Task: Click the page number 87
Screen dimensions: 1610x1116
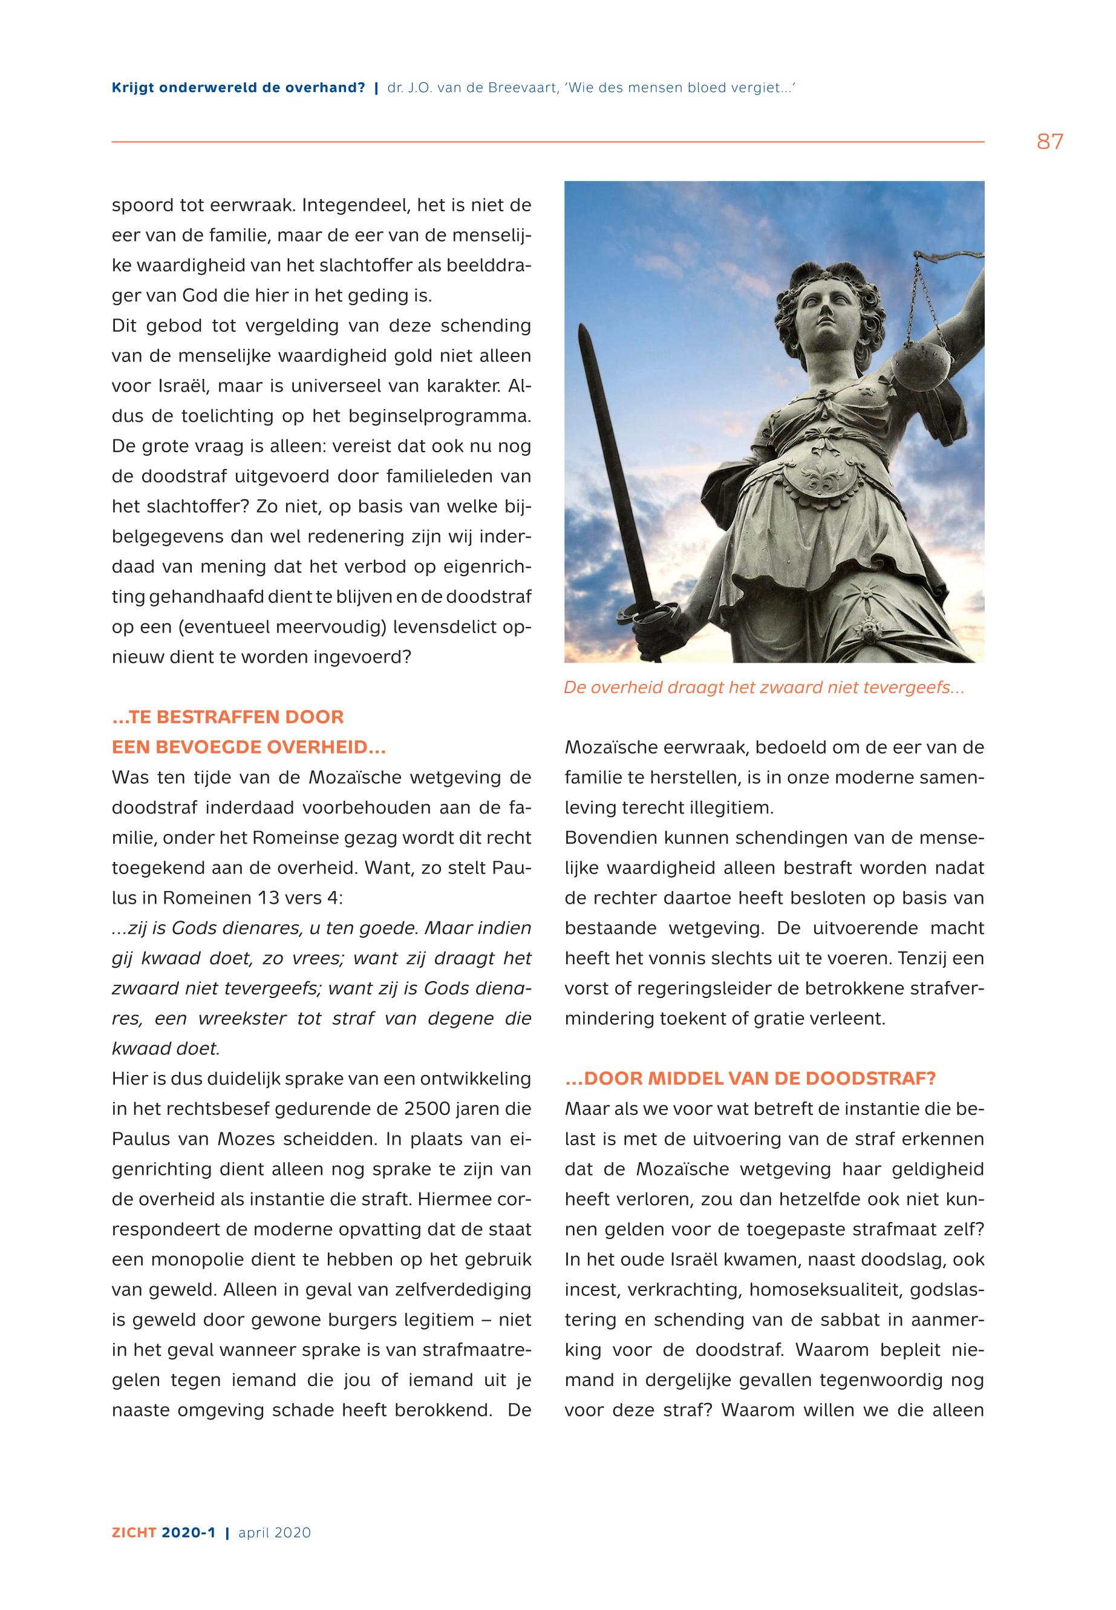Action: [1049, 142]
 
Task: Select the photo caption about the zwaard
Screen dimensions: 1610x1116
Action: [763, 688]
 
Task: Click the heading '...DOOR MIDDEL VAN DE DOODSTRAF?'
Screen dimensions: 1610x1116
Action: [749, 1078]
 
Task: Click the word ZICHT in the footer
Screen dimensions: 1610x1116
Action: [134, 1533]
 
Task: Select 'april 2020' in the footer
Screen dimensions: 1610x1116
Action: [274, 1533]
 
